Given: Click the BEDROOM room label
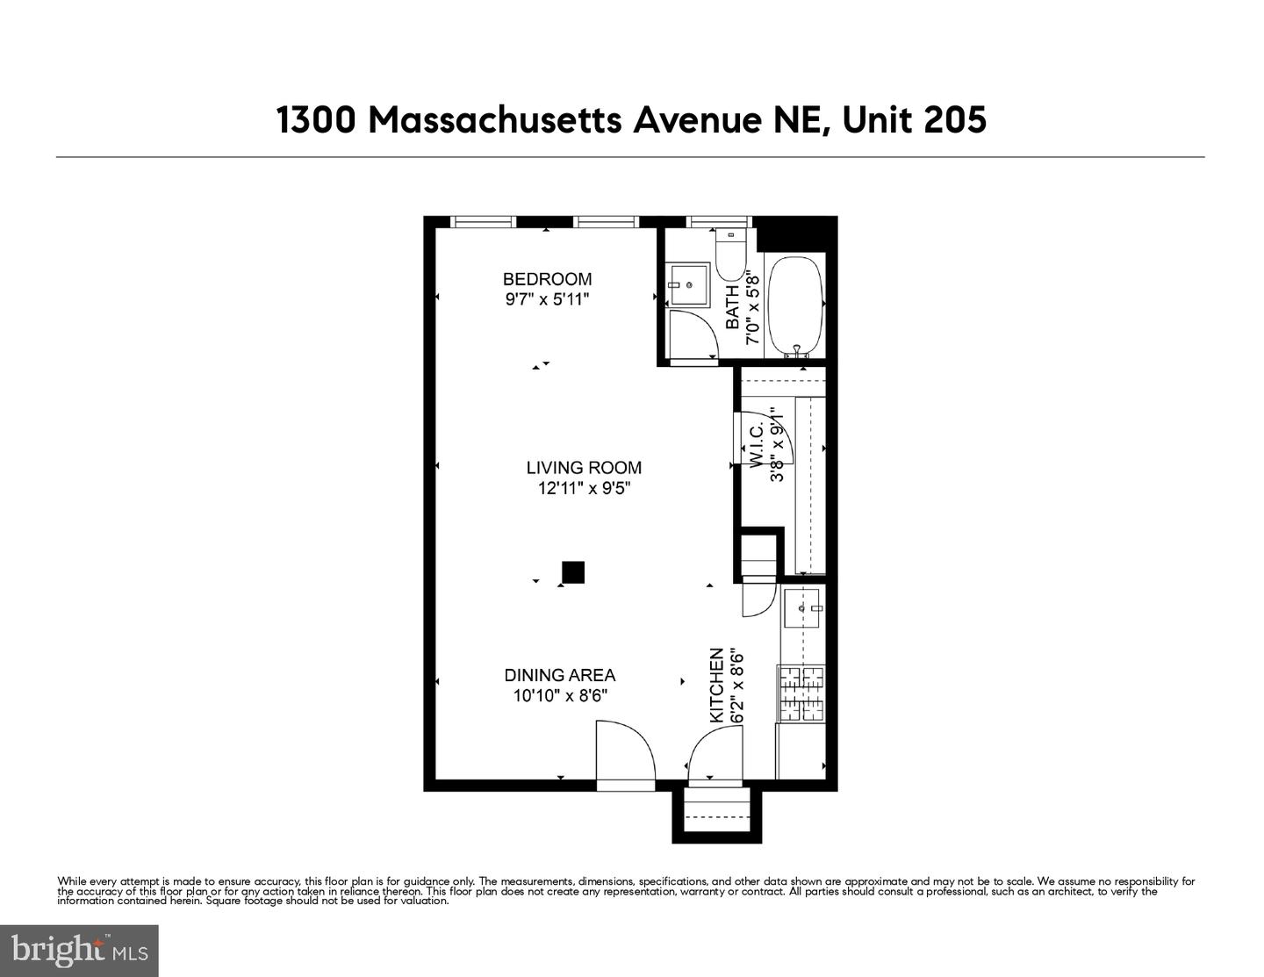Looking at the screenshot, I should [x=547, y=279].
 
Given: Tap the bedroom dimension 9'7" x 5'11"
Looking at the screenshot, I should [x=547, y=300].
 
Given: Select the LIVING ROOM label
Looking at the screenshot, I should [x=584, y=468].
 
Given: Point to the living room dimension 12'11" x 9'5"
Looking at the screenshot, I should [x=584, y=489].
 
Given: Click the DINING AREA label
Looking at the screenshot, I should [x=559, y=675].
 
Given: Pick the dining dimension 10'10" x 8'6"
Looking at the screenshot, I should [x=560, y=696].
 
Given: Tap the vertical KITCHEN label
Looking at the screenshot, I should [x=717, y=686].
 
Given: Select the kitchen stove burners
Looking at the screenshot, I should [x=801, y=693].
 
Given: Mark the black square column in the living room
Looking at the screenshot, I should [x=573, y=572].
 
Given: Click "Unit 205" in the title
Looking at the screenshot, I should [x=914, y=119].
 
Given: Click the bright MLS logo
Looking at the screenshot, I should [x=79, y=951].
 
